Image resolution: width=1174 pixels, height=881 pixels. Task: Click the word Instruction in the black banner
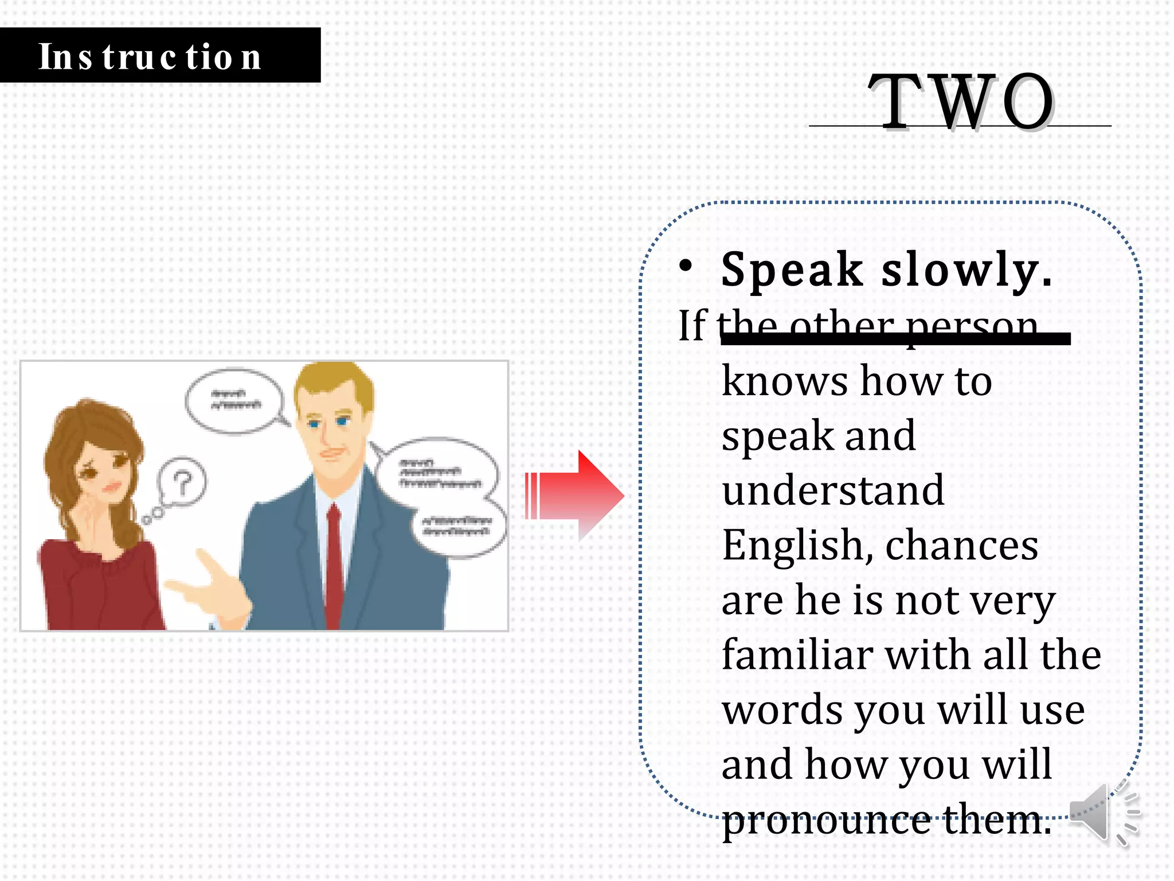click(x=150, y=57)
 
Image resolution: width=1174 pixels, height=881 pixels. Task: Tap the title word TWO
click(x=961, y=102)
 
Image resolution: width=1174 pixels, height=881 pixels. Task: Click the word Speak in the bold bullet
click(x=792, y=269)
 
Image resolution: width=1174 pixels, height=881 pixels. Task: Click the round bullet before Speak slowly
click(x=686, y=265)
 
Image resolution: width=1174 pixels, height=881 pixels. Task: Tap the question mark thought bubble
click(x=182, y=482)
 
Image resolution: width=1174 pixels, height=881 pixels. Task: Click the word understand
click(x=832, y=490)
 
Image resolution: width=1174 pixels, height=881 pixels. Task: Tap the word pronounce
click(x=826, y=820)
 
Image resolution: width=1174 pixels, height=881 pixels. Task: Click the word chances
click(x=961, y=545)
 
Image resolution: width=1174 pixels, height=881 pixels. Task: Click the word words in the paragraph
click(x=782, y=710)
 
